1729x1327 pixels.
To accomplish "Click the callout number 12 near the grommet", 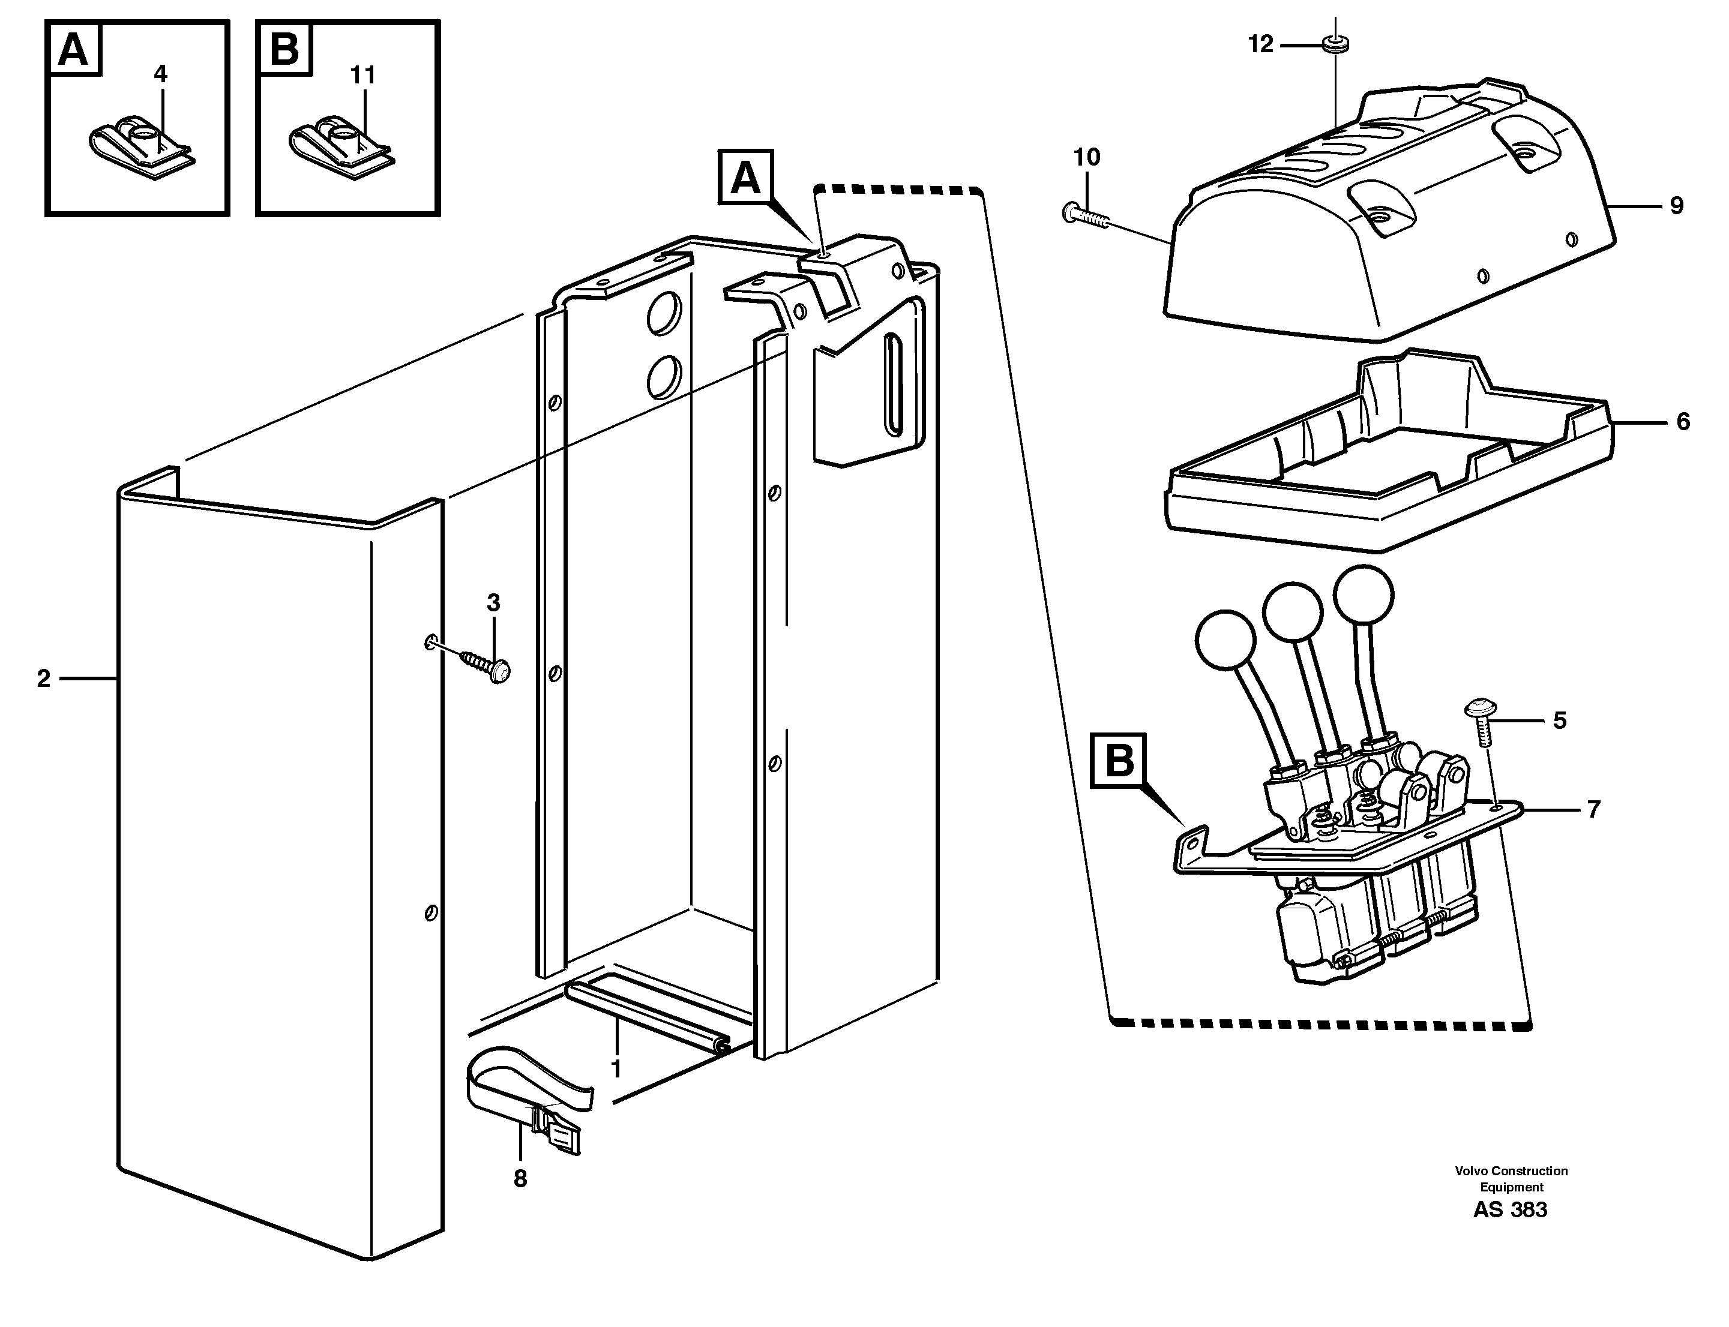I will coord(1260,44).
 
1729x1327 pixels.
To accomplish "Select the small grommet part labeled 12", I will coord(1335,44).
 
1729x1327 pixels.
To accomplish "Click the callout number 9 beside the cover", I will coord(1676,206).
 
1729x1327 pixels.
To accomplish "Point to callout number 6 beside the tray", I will coord(1682,422).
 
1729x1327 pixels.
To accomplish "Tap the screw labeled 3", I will coord(484,665).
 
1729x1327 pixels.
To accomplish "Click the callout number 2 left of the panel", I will coord(43,678).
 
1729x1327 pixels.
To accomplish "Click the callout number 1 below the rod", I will coord(616,1070).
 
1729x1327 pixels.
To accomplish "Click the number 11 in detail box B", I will coord(362,75).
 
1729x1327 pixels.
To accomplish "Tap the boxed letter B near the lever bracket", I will coord(1117,761).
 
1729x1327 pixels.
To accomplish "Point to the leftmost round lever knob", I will coord(1225,641).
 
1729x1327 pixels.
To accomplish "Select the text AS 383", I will coord(1509,1210).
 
